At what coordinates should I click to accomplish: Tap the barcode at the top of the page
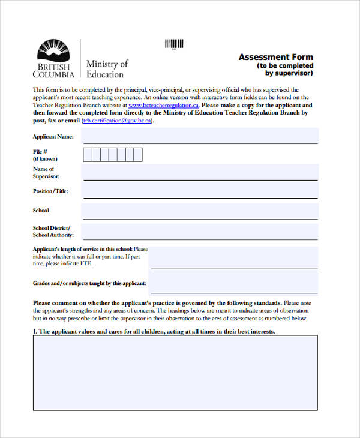click(174, 44)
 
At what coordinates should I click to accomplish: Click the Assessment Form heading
click(275, 57)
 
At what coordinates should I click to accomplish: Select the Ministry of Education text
click(107, 69)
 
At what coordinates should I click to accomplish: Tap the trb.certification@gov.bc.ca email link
click(117, 120)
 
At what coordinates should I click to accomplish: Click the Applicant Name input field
click(200, 137)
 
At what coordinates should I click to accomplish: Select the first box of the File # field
click(87, 155)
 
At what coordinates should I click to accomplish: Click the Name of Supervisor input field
click(200, 173)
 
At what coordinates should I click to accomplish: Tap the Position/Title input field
click(200, 191)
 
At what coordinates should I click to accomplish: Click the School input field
click(200, 211)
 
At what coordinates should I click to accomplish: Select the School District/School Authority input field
click(200, 232)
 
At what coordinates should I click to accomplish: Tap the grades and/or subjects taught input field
click(234, 283)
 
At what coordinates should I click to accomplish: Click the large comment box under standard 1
click(175, 372)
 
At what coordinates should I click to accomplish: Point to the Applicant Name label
click(53, 137)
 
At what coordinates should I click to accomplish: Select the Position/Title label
click(50, 191)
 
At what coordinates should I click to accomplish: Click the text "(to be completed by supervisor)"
click(286, 70)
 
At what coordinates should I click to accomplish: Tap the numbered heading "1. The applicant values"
click(154, 331)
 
